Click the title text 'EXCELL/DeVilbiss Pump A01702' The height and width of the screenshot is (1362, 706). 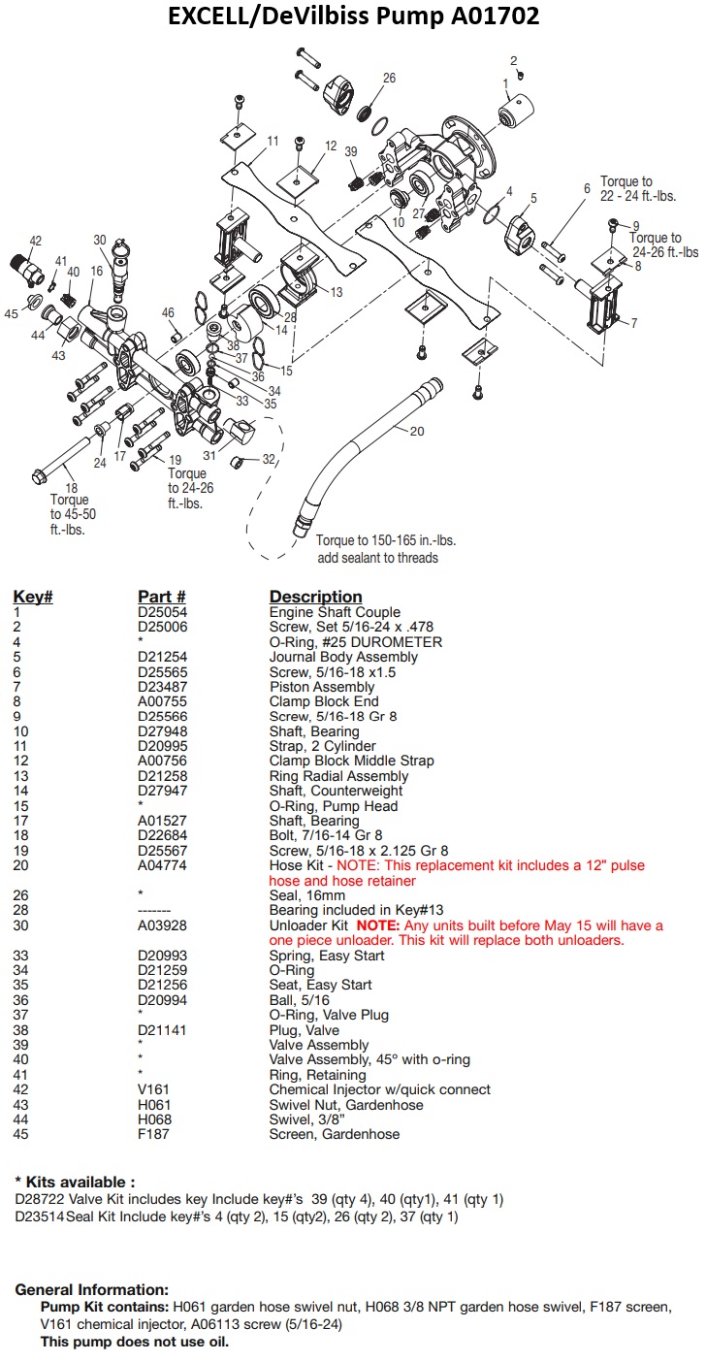[353, 16]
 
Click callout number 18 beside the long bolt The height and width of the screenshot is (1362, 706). [71, 487]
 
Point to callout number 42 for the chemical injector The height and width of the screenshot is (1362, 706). [36, 241]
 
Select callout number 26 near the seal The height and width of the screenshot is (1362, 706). [389, 79]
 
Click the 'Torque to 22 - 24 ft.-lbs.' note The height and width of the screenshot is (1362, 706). [638, 188]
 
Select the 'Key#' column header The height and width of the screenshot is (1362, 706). [32, 597]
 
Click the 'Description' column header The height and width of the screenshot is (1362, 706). [315, 597]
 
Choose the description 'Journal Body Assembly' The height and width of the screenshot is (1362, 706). [343, 657]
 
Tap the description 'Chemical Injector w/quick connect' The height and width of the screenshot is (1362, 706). [379, 1089]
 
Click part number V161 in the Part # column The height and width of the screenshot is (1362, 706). [153, 1089]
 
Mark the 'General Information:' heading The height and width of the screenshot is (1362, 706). [91, 1289]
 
